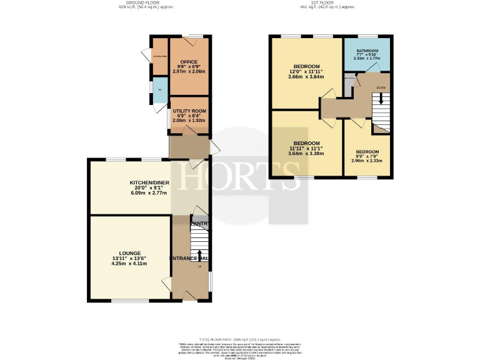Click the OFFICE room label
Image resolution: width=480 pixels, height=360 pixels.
coord(189,62)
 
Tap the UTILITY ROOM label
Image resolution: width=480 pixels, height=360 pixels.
coord(189,111)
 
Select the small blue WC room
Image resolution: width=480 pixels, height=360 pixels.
coord(160,91)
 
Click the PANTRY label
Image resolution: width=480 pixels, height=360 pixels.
coord(199,224)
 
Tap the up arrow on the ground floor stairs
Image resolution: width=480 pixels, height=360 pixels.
coord(200,256)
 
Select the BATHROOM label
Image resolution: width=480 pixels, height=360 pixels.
coord(367,51)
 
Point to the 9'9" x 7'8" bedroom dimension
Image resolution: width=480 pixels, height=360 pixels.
coord(367,156)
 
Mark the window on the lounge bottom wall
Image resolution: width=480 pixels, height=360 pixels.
coord(130,301)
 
